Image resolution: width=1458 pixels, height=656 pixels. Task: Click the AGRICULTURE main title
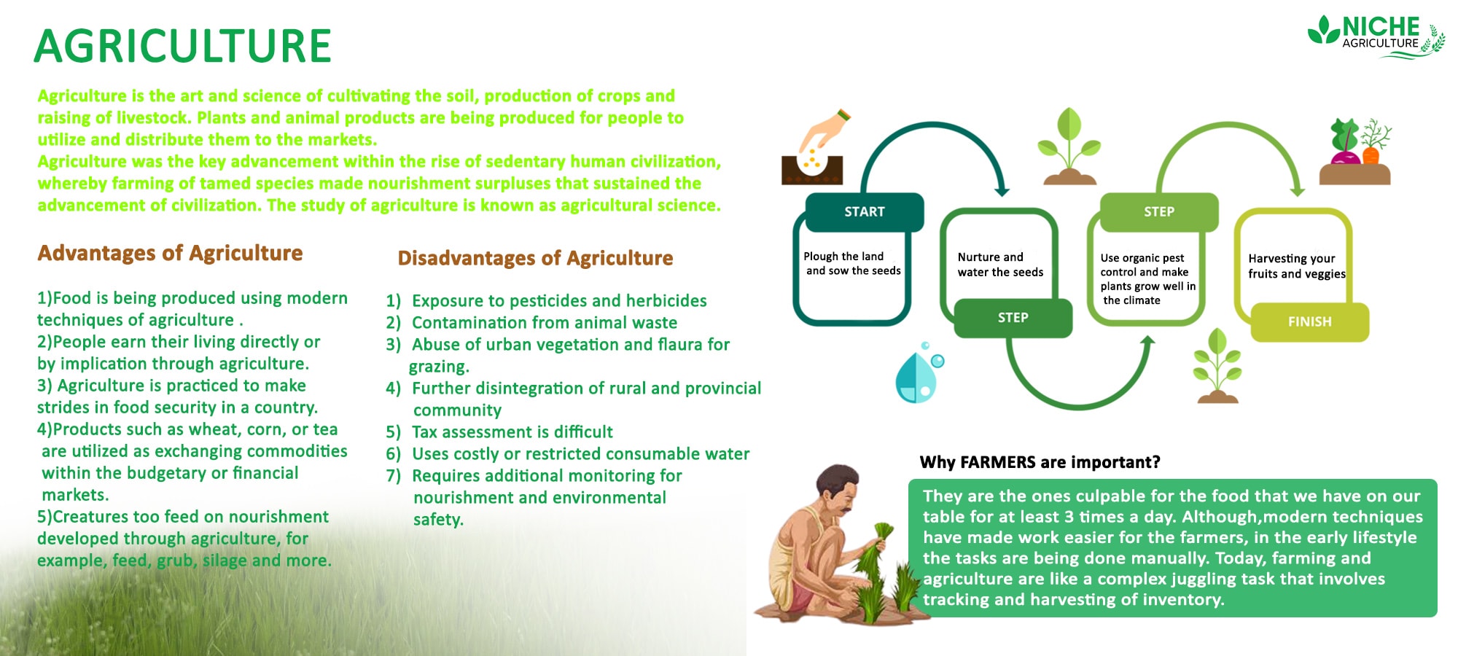point(182,46)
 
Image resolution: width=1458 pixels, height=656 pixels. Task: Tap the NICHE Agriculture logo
point(1376,36)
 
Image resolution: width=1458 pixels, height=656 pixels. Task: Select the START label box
point(865,211)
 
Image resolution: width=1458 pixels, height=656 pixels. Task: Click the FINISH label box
point(1309,321)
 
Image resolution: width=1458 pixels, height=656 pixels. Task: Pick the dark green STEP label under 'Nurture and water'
point(1013,318)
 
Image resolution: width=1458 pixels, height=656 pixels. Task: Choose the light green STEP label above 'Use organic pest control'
point(1158,211)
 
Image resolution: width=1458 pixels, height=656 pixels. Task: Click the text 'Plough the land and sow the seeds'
point(851,263)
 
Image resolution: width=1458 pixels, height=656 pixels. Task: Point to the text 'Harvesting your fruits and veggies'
point(1295,266)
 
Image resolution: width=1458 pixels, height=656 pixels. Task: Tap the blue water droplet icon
point(917,375)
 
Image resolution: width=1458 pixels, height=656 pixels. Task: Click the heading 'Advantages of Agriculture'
point(170,253)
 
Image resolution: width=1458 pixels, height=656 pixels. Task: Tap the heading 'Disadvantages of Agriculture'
point(535,258)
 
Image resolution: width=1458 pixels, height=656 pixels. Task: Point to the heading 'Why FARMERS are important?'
point(1040,462)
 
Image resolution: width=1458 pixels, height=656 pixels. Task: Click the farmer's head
point(838,490)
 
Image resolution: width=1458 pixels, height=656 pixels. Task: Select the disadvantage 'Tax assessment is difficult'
point(512,432)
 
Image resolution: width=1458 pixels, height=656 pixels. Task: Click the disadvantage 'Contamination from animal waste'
point(544,323)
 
